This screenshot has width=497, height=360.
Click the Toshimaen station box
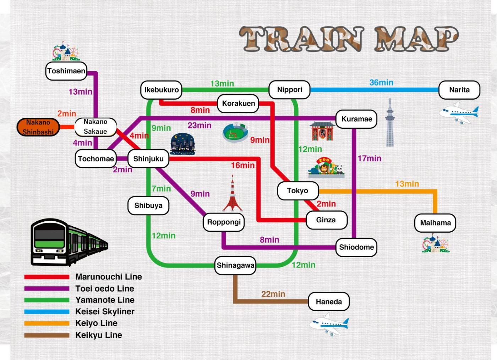66,71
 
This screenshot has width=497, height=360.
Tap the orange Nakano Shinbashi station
38,127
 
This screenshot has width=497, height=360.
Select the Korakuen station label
238,104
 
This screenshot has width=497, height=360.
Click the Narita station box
459,90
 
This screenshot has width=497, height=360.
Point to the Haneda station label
329,302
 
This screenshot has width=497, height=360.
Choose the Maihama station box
435,223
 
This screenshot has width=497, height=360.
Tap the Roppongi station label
224,222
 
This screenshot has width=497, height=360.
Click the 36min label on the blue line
381,83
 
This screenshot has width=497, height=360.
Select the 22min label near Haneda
273,294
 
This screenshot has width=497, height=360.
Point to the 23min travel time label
200,126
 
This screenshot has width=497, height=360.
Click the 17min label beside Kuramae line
369,159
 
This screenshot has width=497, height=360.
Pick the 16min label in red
243,165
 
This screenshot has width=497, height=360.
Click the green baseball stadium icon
235,133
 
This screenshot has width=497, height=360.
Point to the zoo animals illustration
326,168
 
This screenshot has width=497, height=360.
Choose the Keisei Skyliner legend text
105,312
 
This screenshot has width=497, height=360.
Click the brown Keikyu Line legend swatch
47,335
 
